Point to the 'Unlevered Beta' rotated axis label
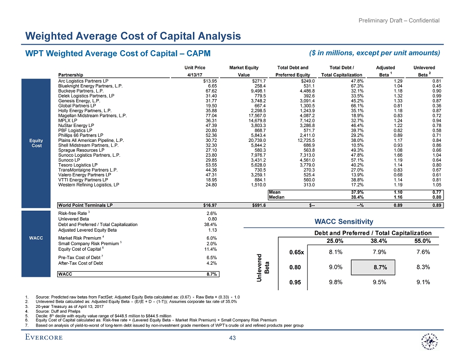point(264,267)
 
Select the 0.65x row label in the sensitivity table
point(296,253)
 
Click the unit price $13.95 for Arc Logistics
point(212,81)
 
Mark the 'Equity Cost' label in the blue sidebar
point(37,143)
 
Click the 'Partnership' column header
point(71,75)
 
